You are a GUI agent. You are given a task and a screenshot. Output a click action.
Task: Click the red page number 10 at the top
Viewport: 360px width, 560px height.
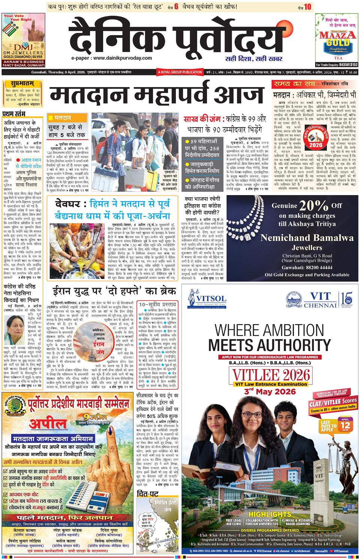pyautogui.click(x=307, y=6)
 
